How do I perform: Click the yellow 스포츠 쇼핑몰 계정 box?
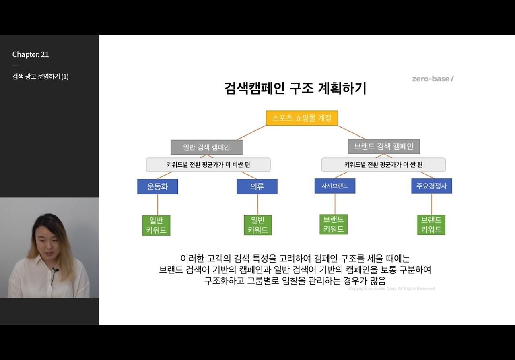302,118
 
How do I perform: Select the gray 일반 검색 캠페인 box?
206,147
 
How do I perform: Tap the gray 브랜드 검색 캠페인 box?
383,147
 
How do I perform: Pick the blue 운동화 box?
157,187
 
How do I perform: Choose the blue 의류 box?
257,187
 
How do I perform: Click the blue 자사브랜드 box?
335,186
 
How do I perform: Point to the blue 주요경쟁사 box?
431,186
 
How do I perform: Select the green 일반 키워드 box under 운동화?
156,226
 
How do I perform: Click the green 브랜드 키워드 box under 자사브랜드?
334,224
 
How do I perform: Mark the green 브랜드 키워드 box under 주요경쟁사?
431,225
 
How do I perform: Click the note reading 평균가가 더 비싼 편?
208,165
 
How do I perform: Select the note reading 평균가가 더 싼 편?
383,165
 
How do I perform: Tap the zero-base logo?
433,79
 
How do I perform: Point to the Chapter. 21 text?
31,54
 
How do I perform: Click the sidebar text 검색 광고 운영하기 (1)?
40,77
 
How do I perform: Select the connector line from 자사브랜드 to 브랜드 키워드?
335,204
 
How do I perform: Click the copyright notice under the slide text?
391,288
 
